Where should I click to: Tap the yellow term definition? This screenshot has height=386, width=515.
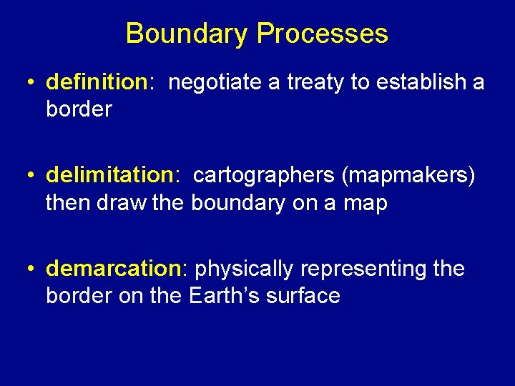(x=96, y=82)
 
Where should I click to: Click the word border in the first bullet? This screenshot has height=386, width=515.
(x=79, y=109)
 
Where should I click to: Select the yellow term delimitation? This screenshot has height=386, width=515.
(x=105, y=175)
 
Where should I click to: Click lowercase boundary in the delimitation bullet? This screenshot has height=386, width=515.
(x=239, y=203)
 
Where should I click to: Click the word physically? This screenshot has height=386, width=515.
(x=244, y=269)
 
